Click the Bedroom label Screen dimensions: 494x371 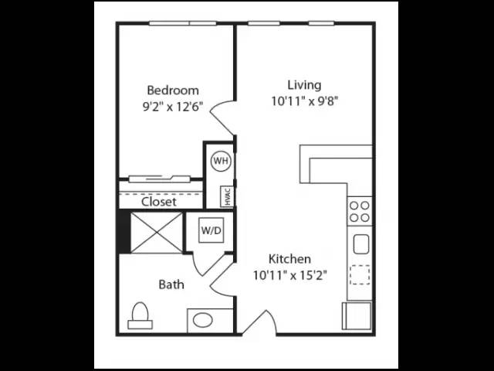pos(173,90)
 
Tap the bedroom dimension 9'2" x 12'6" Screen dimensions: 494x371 pos(173,107)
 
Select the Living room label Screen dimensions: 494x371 pos(304,85)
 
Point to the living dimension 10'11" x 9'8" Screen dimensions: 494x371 pos(305,101)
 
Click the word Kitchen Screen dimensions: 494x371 pos(289,259)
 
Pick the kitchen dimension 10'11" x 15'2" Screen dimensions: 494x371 pos(290,276)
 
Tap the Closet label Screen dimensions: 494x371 pos(159,202)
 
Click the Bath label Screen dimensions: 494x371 pos(171,284)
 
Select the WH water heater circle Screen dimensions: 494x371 pos(221,161)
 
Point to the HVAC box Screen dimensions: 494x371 pos(228,197)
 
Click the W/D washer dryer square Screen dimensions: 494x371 pos(211,230)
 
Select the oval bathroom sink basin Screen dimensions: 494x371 pos(202,320)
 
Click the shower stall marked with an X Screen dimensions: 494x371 pos(157,233)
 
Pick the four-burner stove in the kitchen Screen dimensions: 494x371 pos(360,211)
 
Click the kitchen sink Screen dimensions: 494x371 pos(361,244)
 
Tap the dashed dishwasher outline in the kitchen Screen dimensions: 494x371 pos(360,275)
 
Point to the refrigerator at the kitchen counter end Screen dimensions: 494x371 pos(357,316)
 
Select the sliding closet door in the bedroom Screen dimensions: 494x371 pos(160,179)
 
